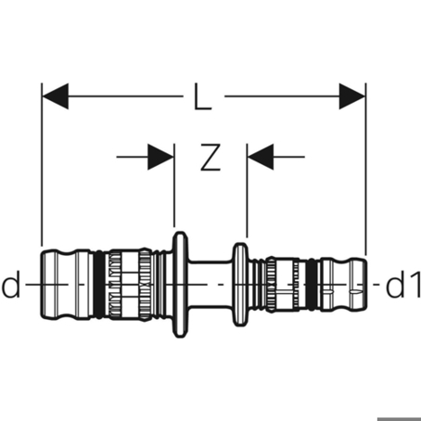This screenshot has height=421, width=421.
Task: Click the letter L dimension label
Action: tap(202, 96)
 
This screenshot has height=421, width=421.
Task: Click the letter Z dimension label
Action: tap(210, 157)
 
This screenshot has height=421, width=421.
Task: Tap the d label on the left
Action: tap(11, 284)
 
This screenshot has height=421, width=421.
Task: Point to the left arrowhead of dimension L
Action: tap(56, 96)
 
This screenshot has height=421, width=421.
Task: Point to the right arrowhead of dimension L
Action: tap(352, 96)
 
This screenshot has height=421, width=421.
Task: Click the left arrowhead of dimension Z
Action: tap(160, 157)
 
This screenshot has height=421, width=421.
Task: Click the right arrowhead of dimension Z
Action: tap(261, 157)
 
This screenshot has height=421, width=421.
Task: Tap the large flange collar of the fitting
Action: tap(180, 284)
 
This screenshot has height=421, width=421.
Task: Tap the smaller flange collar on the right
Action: tap(240, 285)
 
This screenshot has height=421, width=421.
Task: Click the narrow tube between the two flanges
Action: tap(210, 284)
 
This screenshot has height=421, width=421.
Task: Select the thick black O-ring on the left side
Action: tap(99, 284)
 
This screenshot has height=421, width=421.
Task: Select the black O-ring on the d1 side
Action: tap(313, 285)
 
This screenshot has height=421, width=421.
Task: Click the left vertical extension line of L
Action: tap(42, 164)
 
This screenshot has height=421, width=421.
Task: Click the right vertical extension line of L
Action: tap(365, 169)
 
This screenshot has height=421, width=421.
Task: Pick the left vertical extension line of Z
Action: tap(174, 185)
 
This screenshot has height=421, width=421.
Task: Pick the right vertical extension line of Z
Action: tap(247, 190)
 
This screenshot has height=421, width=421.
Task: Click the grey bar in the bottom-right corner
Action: tap(399, 419)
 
